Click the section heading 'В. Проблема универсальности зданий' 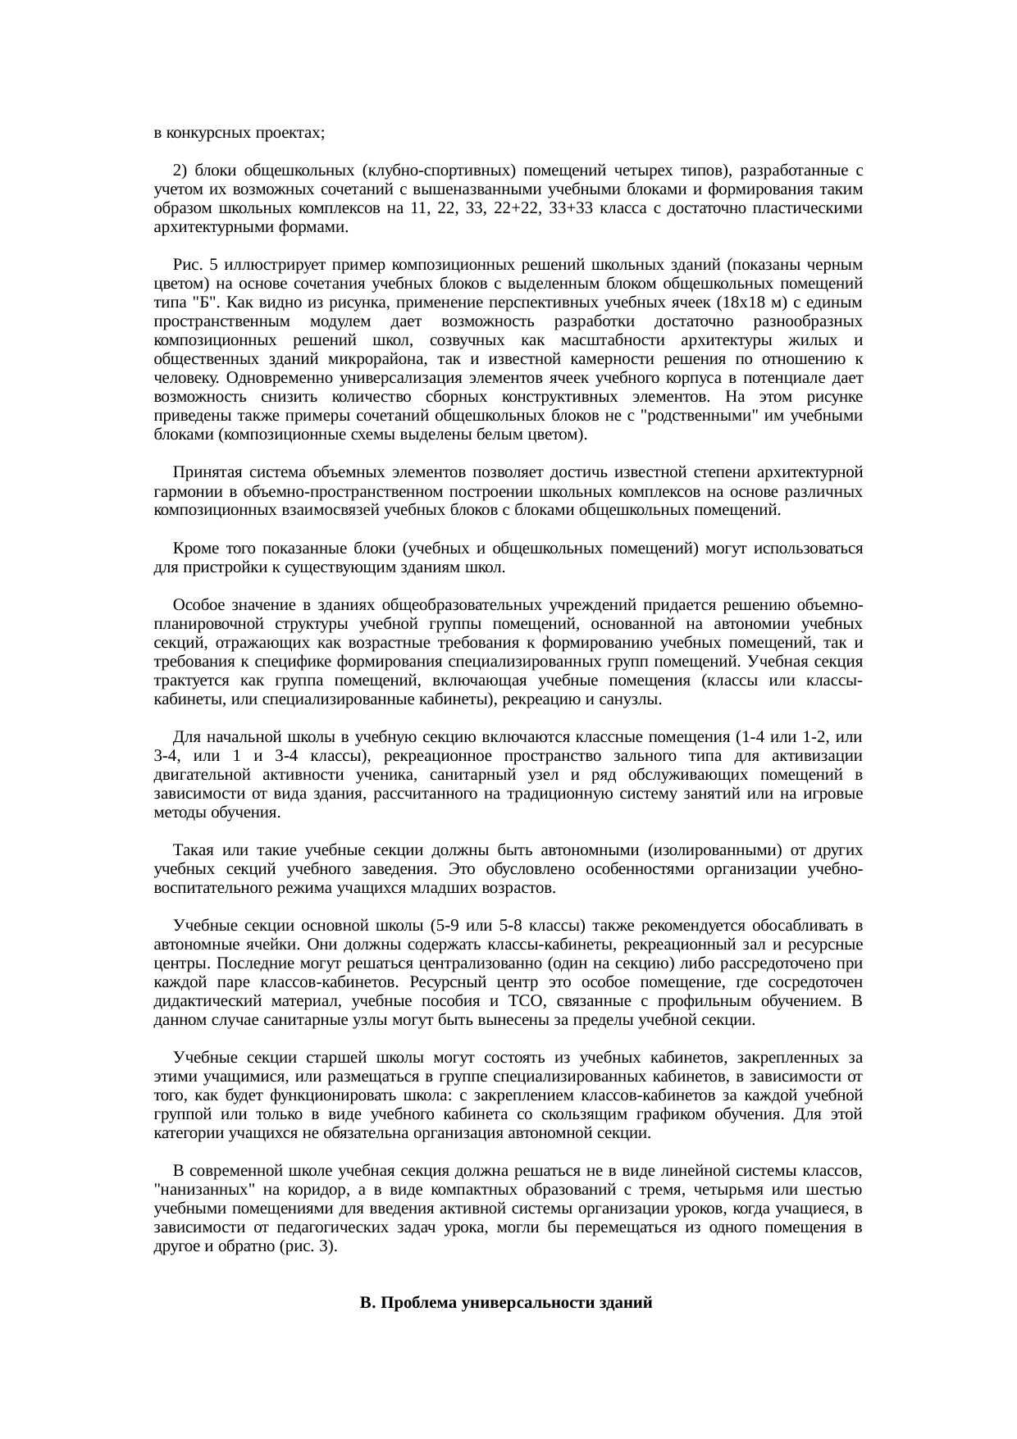[x=506, y=1302]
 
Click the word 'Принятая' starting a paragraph [x=206, y=473]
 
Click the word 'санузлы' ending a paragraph [x=634, y=700]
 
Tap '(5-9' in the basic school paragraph [x=443, y=926]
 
